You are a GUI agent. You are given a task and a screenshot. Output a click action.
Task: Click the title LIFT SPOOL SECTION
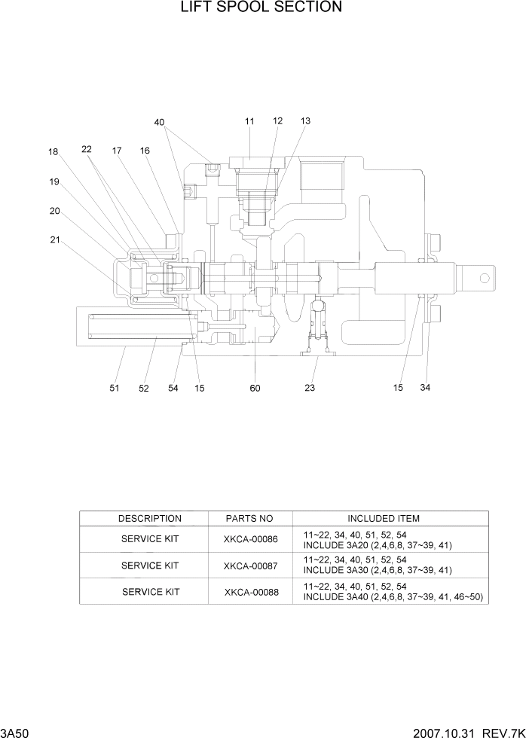click(x=261, y=8)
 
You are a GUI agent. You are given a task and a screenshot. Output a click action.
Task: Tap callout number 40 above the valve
click(x=159, y=122)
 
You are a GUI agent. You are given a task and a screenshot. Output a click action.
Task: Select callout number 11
click(x=249, y=121)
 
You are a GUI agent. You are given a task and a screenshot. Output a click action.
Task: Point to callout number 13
click(x=305, y=121)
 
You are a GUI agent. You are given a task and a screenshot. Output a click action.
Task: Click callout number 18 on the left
click(x=54, y=152)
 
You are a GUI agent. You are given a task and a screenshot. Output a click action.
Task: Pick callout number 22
click(x=87, y=149)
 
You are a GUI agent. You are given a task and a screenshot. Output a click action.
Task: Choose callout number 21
click(x=55, y=240)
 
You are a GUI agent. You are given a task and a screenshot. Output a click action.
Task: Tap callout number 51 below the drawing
click(x=115, y=389)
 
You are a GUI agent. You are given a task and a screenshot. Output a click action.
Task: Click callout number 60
click(x=255, y=389)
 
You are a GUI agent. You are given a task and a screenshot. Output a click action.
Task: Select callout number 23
click(x=310, y=389)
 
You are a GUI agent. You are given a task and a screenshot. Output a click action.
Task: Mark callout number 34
click(x=425, y=389)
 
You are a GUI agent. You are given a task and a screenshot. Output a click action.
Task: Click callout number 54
click(x=173, y=389)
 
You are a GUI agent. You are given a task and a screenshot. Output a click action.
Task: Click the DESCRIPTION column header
click(x=150, y=519)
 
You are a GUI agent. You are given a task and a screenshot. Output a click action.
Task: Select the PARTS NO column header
click(x=249, y=519)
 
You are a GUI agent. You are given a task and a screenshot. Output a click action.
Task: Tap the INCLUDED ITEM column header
click(x=384, y=519)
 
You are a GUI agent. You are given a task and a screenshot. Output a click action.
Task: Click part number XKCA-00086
click(x=251, y=539)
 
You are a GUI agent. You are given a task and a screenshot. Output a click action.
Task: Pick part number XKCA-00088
click(x=251, y=592)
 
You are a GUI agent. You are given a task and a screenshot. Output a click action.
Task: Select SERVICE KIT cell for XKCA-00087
click(x=150, y=566)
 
